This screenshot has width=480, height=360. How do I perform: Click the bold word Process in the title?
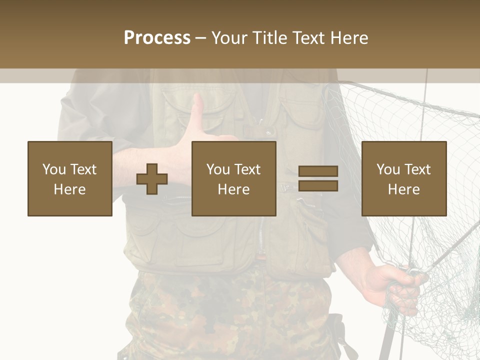pos(157,38)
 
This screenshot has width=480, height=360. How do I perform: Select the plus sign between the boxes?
pos(152,179)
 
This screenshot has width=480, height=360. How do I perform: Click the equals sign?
pos(318,178)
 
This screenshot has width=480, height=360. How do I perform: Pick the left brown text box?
pos(70,178)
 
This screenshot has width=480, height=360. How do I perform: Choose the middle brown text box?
pos(234,178)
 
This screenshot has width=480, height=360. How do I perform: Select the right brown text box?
pos(404,178)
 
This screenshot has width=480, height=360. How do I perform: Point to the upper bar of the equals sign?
pos(318,171)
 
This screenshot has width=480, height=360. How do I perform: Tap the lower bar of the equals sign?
pos(318,186)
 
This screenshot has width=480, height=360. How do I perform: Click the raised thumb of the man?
pos(198,107)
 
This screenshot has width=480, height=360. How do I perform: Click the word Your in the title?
pos(228,38)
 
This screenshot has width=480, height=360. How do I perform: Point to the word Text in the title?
pos(306,38)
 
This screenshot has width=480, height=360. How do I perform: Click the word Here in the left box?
pos(69,189)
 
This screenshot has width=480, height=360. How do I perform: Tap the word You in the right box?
pos(388,169)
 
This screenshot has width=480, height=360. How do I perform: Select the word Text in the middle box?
pos(247,169)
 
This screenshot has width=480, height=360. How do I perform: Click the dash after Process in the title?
pos(200,38)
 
